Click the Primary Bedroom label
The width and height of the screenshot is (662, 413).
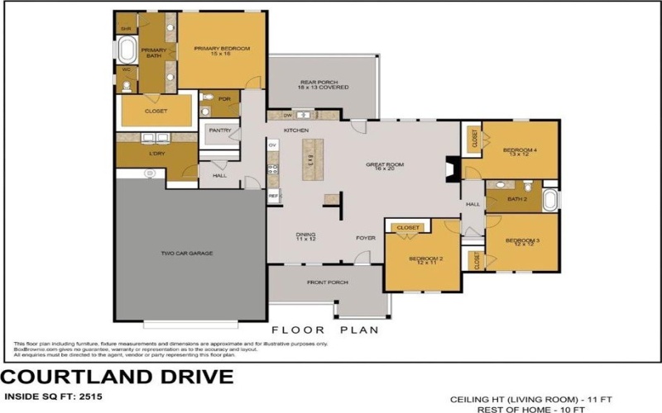pos(222,50)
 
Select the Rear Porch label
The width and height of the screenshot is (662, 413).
pos(324,84)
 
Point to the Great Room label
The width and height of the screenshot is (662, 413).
pos(384,167)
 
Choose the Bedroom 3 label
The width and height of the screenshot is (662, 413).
pos(522,242)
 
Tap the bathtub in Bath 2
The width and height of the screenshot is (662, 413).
pos(550,199)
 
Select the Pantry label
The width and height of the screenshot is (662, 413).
pos(219,130)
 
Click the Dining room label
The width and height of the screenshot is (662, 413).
pos(306,237)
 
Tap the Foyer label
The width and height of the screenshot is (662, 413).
pos(366,238)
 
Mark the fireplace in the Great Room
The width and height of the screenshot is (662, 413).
pos(450,169)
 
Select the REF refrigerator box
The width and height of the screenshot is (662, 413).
pos(273,196)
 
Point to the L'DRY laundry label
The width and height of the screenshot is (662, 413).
pos(157,154)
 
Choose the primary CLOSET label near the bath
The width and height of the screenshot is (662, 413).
pos(156,111)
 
